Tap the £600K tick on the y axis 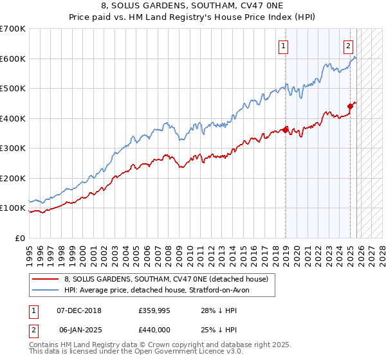pos(12,59)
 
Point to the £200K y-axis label pos(12,178)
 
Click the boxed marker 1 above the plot pos(283,46)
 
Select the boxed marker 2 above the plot pos(348,46)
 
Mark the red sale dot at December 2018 pos(285,128)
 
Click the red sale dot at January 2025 pos(351,106)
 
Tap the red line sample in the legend pos(46,279)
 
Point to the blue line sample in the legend pos(46,290)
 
